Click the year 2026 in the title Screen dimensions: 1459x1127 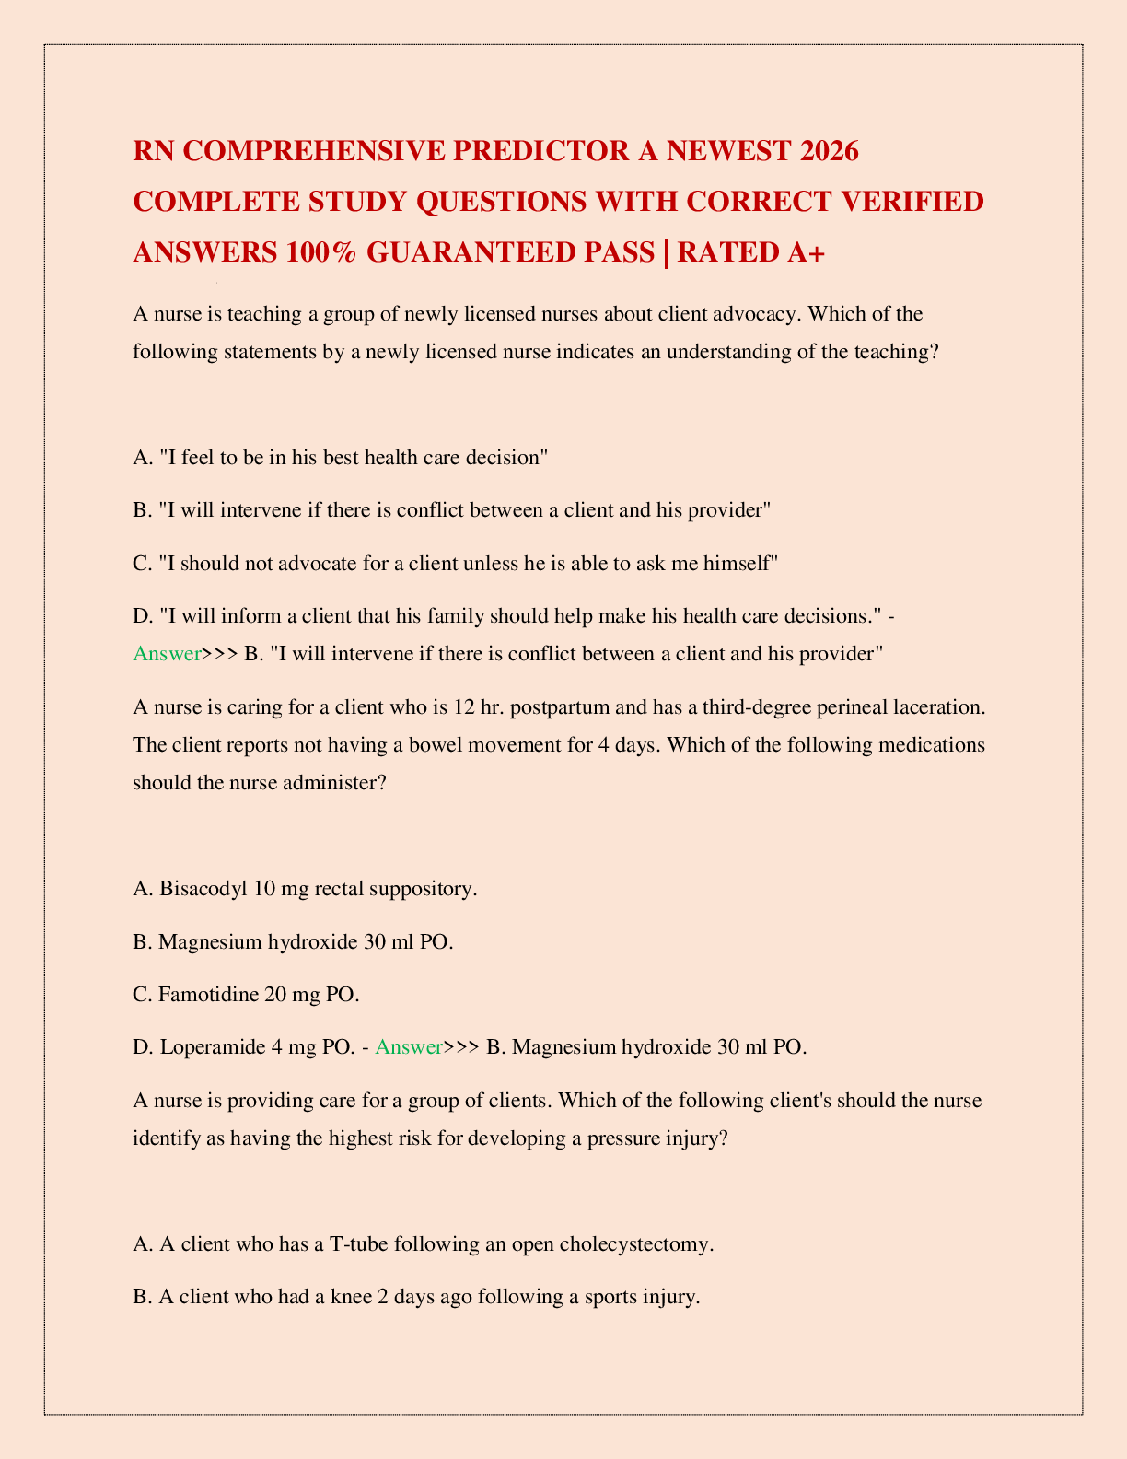[x=827, y=150]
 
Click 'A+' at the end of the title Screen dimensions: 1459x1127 [x=801, y=251]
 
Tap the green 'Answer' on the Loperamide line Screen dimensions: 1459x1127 [x=410, y=1046]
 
